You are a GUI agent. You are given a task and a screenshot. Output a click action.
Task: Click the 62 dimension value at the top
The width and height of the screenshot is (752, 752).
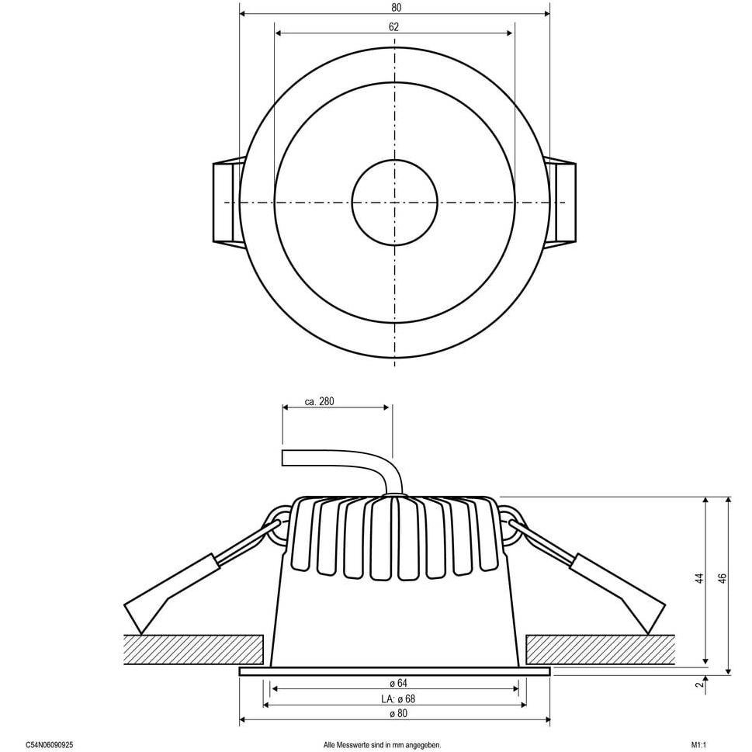click(x=393, y=27)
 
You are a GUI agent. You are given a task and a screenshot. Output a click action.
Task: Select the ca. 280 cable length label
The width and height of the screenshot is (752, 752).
click(x=319, y=401)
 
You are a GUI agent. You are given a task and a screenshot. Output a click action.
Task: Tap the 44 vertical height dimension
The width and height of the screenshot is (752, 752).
click(x=699, y=578)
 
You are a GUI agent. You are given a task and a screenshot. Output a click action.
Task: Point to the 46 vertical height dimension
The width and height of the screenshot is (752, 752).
click(x=723, y=578)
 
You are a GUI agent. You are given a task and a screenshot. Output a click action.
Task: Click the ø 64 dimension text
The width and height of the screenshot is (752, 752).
click(x=396, y=683)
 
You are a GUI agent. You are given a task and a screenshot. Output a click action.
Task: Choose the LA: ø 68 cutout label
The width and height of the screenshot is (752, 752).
click(x=398, y=698)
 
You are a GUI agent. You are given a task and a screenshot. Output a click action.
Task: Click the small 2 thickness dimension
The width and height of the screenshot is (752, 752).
click(x=700, y=684)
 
